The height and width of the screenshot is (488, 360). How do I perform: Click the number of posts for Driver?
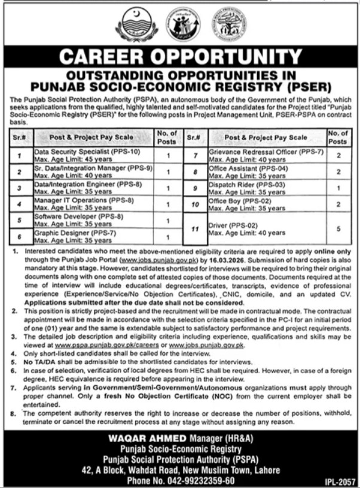tap(339, 228)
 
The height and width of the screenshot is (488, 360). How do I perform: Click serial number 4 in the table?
tap(20, 204)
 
